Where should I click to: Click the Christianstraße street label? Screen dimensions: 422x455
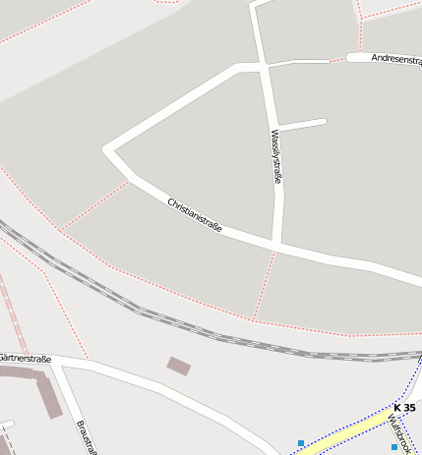tap(195, 216)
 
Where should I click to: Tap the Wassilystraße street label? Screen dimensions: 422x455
tap(276, 157)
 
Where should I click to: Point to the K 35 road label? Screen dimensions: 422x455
tap(403, 407)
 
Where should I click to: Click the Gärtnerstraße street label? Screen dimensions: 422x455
tap(25, 359)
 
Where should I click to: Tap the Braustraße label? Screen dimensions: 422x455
tap(87, 437)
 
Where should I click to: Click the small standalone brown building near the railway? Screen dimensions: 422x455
tap(179, 367)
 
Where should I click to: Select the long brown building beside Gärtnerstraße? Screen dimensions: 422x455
tap(46, 393)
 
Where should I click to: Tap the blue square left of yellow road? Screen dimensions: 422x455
tap(301, 443)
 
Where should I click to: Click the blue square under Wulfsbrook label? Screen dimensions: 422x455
tap(393, 447)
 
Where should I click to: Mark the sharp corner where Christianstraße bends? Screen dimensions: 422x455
tap(106, 150)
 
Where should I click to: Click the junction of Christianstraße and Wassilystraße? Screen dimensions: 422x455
tap(277, 244)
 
